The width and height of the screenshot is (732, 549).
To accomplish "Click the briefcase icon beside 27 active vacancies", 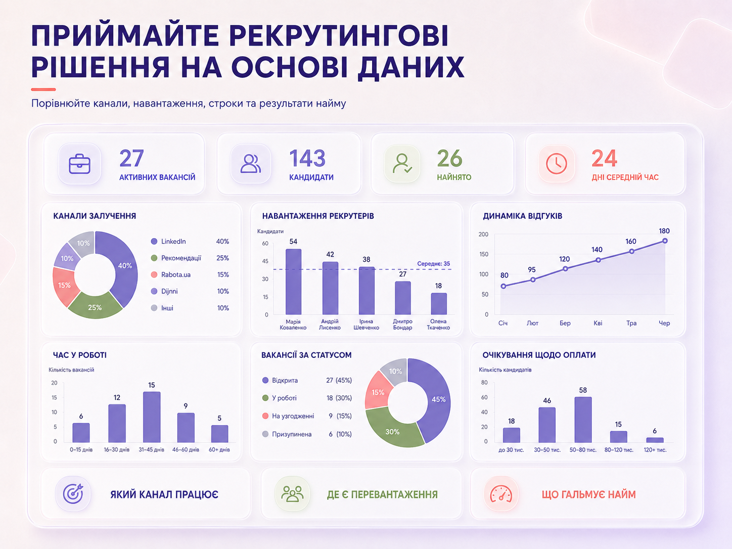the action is (x=79, y=164).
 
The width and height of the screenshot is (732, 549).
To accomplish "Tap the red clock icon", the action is (x=556, y=164).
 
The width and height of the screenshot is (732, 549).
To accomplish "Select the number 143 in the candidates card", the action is (x=307, y=158).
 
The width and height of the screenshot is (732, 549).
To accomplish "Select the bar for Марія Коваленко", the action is (x=294, y=282).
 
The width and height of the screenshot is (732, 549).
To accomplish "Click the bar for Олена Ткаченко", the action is (x=439, y=304).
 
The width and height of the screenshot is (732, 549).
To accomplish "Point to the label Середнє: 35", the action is (x=434, y=264).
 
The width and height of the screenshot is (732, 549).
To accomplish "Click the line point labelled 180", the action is (x=665, y=241).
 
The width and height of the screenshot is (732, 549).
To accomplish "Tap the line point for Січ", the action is (x=503, y=286).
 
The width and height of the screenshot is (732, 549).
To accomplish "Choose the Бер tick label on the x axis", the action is (x=565, y=323).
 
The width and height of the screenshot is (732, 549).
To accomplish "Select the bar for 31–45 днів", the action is (x=152, y=418).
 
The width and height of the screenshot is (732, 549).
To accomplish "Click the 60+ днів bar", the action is (x=219, y=434).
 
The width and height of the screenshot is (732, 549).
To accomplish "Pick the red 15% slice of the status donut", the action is (x=379, y=391).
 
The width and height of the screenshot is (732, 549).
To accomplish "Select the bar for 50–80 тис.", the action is (x=583, y=420).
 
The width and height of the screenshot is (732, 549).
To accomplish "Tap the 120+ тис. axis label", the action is (x=655, y=450).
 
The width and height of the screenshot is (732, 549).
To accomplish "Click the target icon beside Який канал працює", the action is (x=73, y=494).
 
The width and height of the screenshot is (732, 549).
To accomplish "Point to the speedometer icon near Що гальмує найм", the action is (x=501, y=494).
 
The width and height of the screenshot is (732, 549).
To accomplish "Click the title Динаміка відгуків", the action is (x=523, y=216).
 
